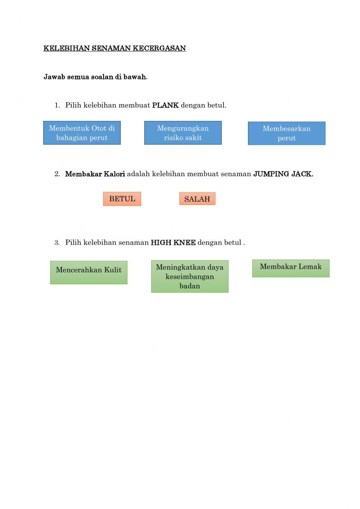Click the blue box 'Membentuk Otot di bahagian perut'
pyautogui.click(x=82, y=133)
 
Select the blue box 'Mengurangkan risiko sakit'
pyautogui.click(x=183, y=133)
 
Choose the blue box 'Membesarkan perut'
pyautogui.click(x=287, y=133)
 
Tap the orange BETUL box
pyautogui.click(x=122, y=199)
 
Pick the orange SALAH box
pyautogui.click(x=197, y=199)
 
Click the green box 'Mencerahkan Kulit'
pyautogui.click(x=89, y=272)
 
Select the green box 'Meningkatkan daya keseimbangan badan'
pyautogui.click(x=190, y=276)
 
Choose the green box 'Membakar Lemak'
pyautogui.click(x=291, y=268)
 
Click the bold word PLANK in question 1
pyautogui.click(x=165, y=106)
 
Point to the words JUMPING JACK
pyautogui.click(x=283, y=174)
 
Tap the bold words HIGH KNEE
pyautogui.click(x=173, y=243)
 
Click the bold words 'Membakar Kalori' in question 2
pyautogui.click(x=95, y=174)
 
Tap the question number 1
pyautogui.click(x=57, y=106)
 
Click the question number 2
pyautogui.click(x=57, y=174)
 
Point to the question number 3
pyautogui.click(x=57, y=243)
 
